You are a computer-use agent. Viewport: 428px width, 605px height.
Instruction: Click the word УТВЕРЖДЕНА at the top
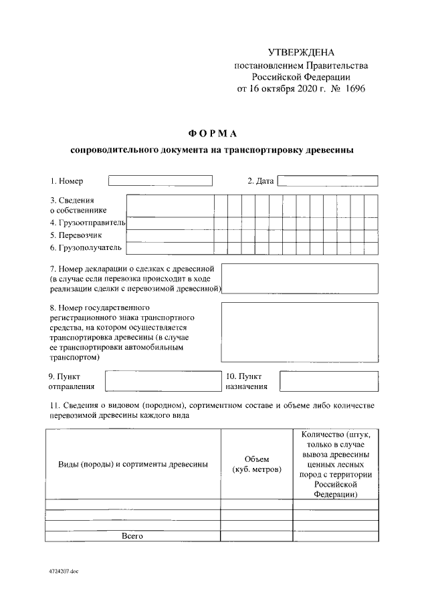[x=300, y=52]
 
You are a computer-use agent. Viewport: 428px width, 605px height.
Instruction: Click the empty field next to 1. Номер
[x=160, y=180]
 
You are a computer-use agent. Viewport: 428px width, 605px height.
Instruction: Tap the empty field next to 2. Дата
[x=328, y=180]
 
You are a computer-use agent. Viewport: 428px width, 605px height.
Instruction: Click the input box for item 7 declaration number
[x=300, y=278]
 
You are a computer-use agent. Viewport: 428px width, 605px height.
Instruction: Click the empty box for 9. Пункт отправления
[x=162, y=380]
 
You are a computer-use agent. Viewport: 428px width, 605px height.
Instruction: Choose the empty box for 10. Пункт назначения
[x=328, y=380]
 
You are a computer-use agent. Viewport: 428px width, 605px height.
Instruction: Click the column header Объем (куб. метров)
[x=256, y=464]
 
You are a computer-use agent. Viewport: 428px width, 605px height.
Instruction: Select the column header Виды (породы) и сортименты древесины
[x=132, y=464]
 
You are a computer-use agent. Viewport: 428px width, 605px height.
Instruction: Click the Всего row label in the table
[x=132, y=535]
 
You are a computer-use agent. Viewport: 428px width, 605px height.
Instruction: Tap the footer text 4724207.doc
[x=64, y=573]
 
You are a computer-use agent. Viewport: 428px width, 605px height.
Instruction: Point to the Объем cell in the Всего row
[x=256, y=535]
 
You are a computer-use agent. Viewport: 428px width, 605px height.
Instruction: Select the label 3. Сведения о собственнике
[x=78, y=205]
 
